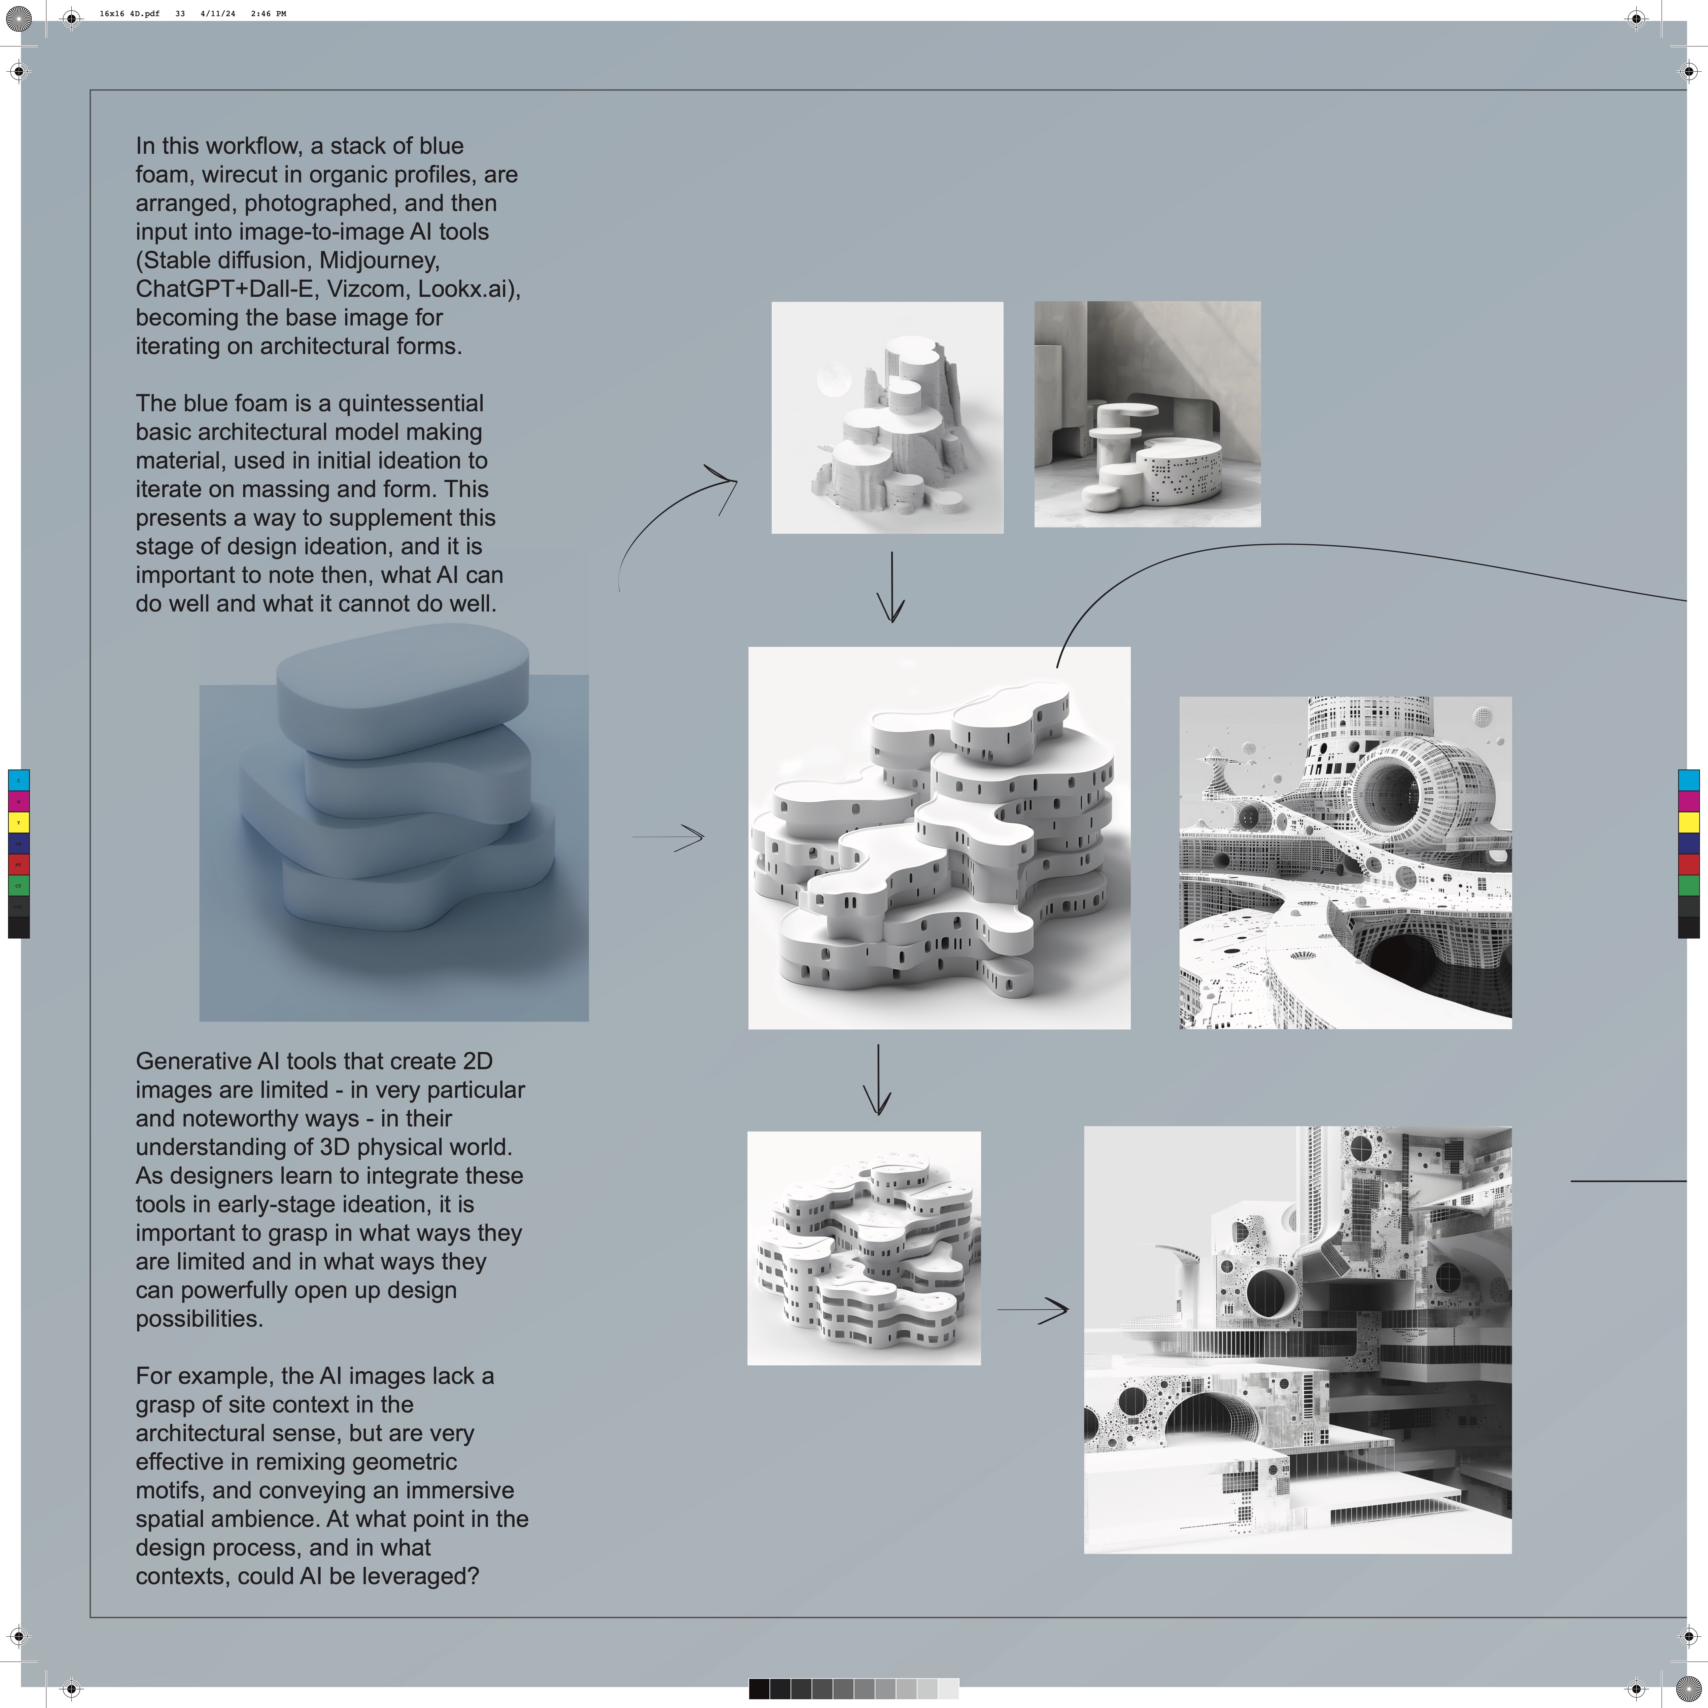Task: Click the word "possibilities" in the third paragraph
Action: coord(199,1319)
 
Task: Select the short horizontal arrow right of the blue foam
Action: coord(668,836)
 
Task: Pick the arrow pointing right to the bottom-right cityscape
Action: coord(1033,1309)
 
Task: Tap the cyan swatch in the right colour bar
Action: coord(1688,780)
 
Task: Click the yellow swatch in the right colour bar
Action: coord(1688,822)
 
